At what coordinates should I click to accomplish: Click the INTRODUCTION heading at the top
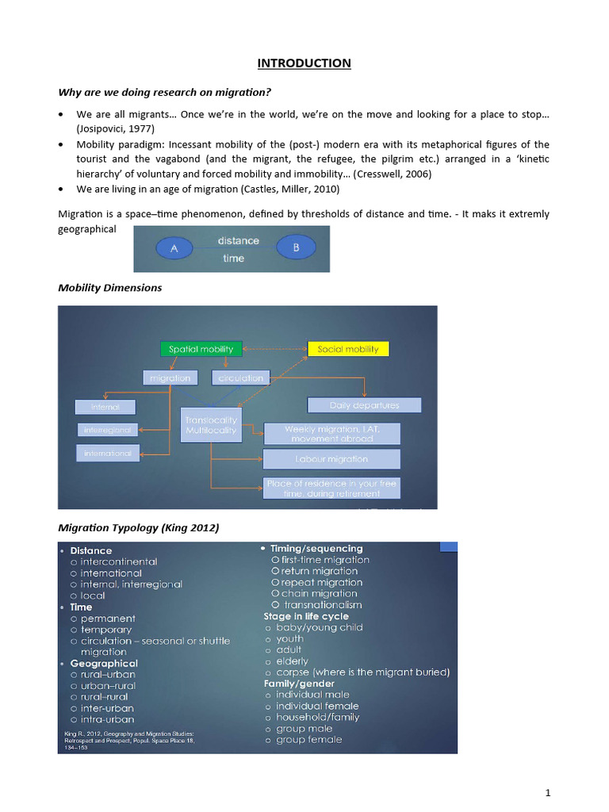click(304, 63)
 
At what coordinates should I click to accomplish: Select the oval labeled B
click(296, 248)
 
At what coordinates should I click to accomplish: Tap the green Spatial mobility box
click(201, 349)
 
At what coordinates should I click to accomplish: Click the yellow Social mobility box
click(348, 349)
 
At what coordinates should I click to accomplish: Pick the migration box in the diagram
click(170, 378)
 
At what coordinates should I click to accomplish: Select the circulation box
click(241, 378)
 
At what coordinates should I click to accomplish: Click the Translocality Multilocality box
click(211, 425)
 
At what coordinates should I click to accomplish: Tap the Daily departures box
click(364, 405)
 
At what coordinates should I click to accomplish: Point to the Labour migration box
click(331, 459)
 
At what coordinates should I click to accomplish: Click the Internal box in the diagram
click(105, 407)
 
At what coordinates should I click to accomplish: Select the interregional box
click(108, 430)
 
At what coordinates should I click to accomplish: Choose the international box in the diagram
click(109, 453)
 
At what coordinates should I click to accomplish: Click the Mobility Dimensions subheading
click(110, 288)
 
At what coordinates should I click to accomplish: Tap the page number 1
click(547, 793)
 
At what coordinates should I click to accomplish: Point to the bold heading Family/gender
click(299, 684)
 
